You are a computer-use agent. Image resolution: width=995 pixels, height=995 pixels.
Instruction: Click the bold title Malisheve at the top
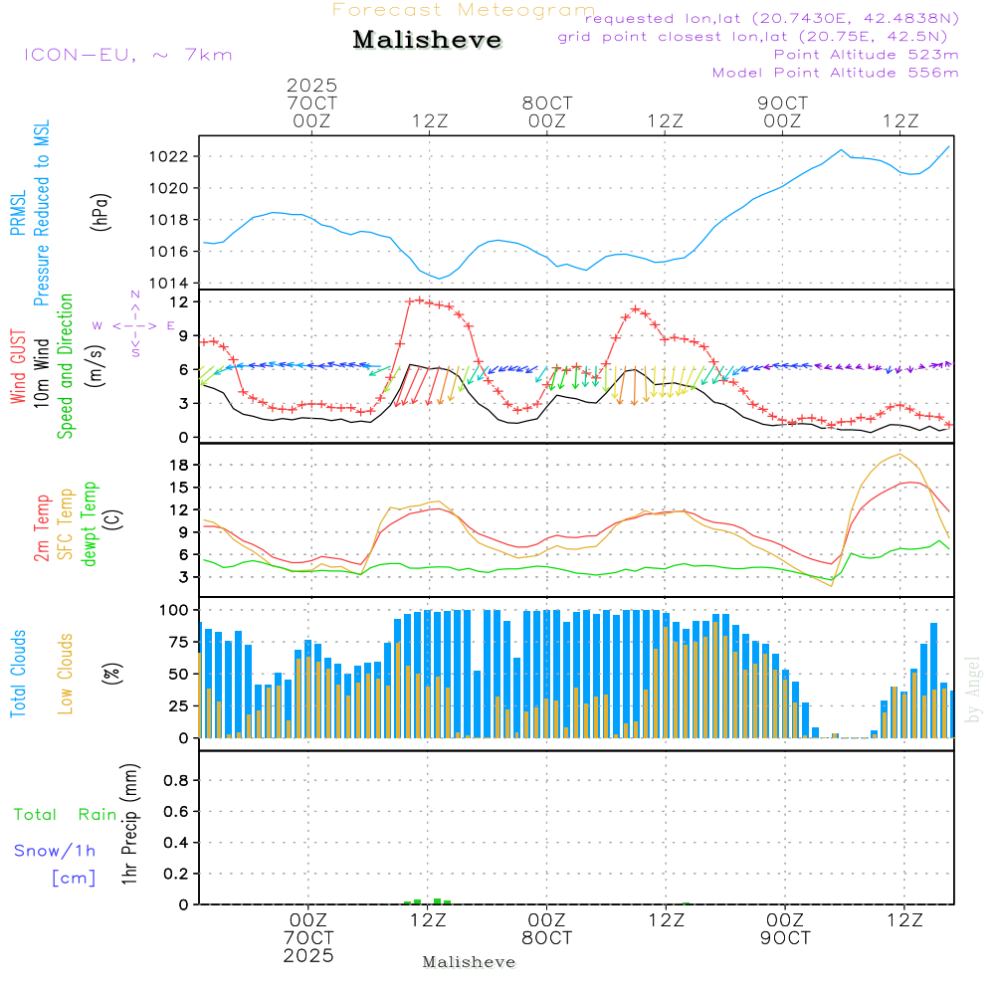coord(427,40)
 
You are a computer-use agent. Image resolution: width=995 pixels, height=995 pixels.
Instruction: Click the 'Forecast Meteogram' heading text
coord(464,10)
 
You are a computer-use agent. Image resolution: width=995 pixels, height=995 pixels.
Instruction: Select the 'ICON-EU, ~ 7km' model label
coord(127,54)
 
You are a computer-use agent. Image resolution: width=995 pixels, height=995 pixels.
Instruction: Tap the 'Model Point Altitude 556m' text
coord(835,72)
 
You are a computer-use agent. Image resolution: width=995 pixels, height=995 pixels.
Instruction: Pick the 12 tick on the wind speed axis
coord(181,300)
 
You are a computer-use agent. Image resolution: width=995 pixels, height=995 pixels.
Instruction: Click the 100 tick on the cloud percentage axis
coord(174,609)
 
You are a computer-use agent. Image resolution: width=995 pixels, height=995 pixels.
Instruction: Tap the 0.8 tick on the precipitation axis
coord(177,781)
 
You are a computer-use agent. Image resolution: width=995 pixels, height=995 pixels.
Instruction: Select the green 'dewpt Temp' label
coord(91,524)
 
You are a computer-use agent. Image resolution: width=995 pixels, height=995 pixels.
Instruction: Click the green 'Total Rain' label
coord(65,814)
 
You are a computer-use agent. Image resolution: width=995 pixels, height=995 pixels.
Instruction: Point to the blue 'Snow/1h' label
coord(55,851)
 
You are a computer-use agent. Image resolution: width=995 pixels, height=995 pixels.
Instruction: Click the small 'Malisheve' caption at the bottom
coord(469,962)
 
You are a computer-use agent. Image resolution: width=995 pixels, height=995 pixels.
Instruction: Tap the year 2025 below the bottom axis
coord(307,955)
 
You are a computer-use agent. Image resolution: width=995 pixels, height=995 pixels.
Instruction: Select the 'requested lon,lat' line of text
coord(772,18)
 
